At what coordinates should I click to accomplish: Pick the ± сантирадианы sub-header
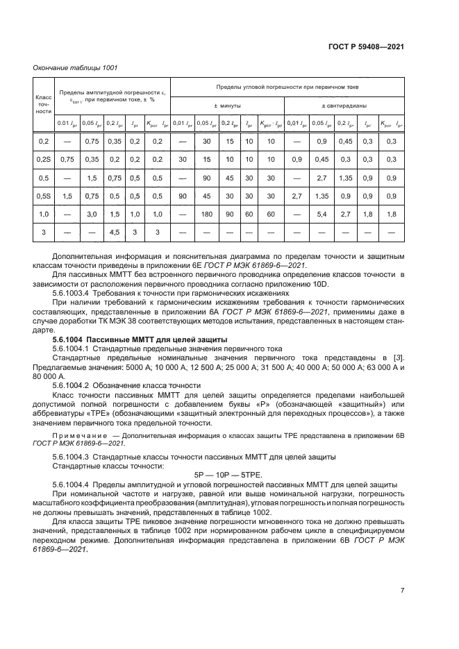click(x=345, y=106)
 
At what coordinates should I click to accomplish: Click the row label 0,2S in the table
click(x=44, y=159)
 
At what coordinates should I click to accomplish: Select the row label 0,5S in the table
click(x=44, y=196)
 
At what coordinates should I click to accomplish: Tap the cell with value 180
click(x=206, y=214)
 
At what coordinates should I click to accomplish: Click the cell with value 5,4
click(x=322, y=214)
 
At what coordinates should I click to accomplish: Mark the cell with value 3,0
click(x=90, y=214)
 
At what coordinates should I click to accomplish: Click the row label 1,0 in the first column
click(x=44, y=214)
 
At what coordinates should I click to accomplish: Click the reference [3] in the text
click(x=399, y=357)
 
